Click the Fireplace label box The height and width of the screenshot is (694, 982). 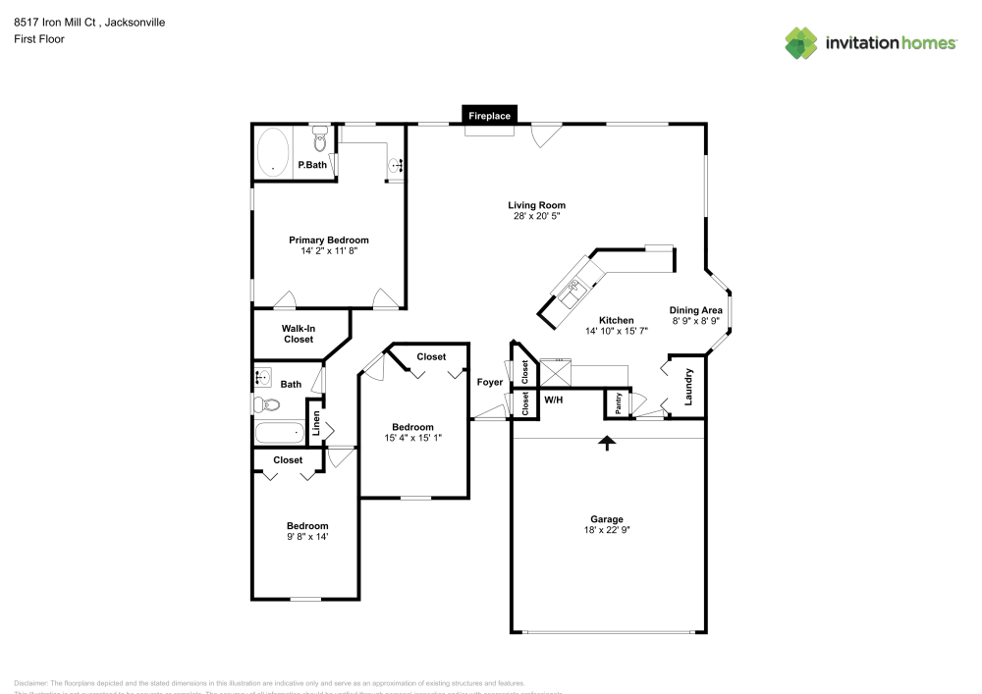point(489,116)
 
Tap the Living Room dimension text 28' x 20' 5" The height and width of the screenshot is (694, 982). point(536,216)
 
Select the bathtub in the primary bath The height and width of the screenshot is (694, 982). point(273,152)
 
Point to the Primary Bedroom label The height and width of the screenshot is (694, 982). point(328,240)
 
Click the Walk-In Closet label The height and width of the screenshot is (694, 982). point(299,334)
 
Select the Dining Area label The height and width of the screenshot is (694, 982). point(696,310)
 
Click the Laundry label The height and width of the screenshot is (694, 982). point(689,387)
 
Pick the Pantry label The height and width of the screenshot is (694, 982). point(618,403)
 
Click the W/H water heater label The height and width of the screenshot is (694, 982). point(554,400)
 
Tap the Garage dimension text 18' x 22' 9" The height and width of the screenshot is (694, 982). point(606,530)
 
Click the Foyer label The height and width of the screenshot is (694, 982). point(489,382)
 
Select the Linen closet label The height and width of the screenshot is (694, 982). point(316,423)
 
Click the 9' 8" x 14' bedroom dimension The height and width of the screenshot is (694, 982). point(307,537)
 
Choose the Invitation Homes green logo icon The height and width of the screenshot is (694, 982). point(800,42)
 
